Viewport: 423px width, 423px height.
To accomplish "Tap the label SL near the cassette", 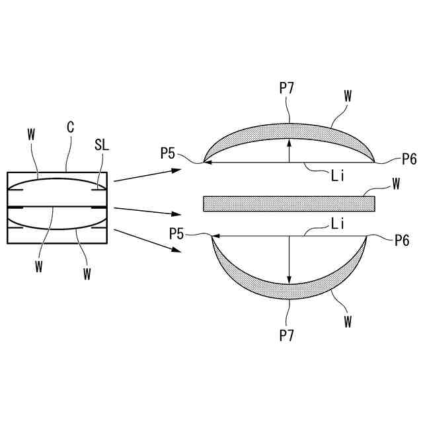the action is (x=102, y=144).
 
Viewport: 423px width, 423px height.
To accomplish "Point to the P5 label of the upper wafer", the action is (x=168, y=154).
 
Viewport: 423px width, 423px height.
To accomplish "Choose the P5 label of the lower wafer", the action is (x=176, y=233).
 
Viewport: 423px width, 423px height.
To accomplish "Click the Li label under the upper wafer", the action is (x=338, y=176).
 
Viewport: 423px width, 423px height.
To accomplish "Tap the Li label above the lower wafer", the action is (x=338, y=224).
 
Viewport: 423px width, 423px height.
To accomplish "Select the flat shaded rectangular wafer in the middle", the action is (x=289, y=203).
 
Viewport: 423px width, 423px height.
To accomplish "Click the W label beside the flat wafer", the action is (x=396, y=184).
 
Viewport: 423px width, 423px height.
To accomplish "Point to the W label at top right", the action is (x=348, y=95).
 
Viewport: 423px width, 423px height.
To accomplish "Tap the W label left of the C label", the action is (x=30, y=134).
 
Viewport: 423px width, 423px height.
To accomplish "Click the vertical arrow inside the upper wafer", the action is (x=289, y=150).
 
